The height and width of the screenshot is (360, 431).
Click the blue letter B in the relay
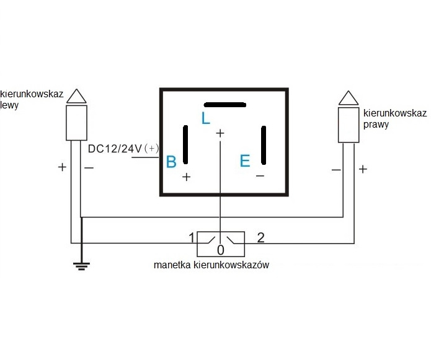171,162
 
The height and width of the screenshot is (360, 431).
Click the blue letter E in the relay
245,161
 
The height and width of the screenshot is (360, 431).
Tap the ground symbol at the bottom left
81,266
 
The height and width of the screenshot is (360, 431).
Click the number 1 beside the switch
192,237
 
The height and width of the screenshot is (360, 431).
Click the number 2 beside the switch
261,237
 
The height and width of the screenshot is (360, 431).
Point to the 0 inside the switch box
220,250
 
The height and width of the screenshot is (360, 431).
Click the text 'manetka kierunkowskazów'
211,265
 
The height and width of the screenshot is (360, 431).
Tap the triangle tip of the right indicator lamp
349,98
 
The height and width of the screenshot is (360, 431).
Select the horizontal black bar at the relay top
225,104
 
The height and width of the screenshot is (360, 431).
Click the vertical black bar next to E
264,146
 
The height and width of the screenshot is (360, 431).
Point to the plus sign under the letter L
220,133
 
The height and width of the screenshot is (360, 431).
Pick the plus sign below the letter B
186,177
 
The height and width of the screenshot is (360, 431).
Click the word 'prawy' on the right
375,124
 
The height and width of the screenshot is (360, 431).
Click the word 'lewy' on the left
10,105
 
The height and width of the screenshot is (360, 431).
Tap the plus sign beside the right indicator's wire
363,169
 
